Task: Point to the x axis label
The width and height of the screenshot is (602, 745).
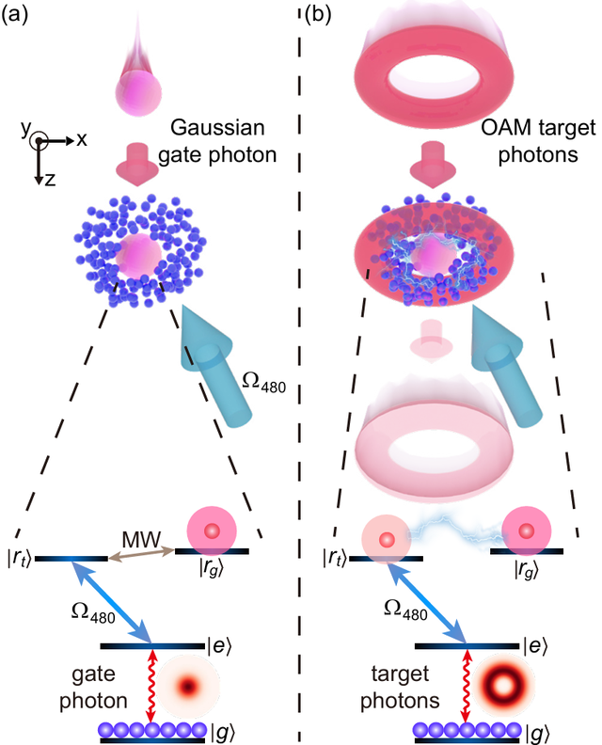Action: [x=82, y=139]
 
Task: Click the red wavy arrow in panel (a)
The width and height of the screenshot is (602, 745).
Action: [x=152, y=688]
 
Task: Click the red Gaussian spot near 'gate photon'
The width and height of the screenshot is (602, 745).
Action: [x=189, y=686]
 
